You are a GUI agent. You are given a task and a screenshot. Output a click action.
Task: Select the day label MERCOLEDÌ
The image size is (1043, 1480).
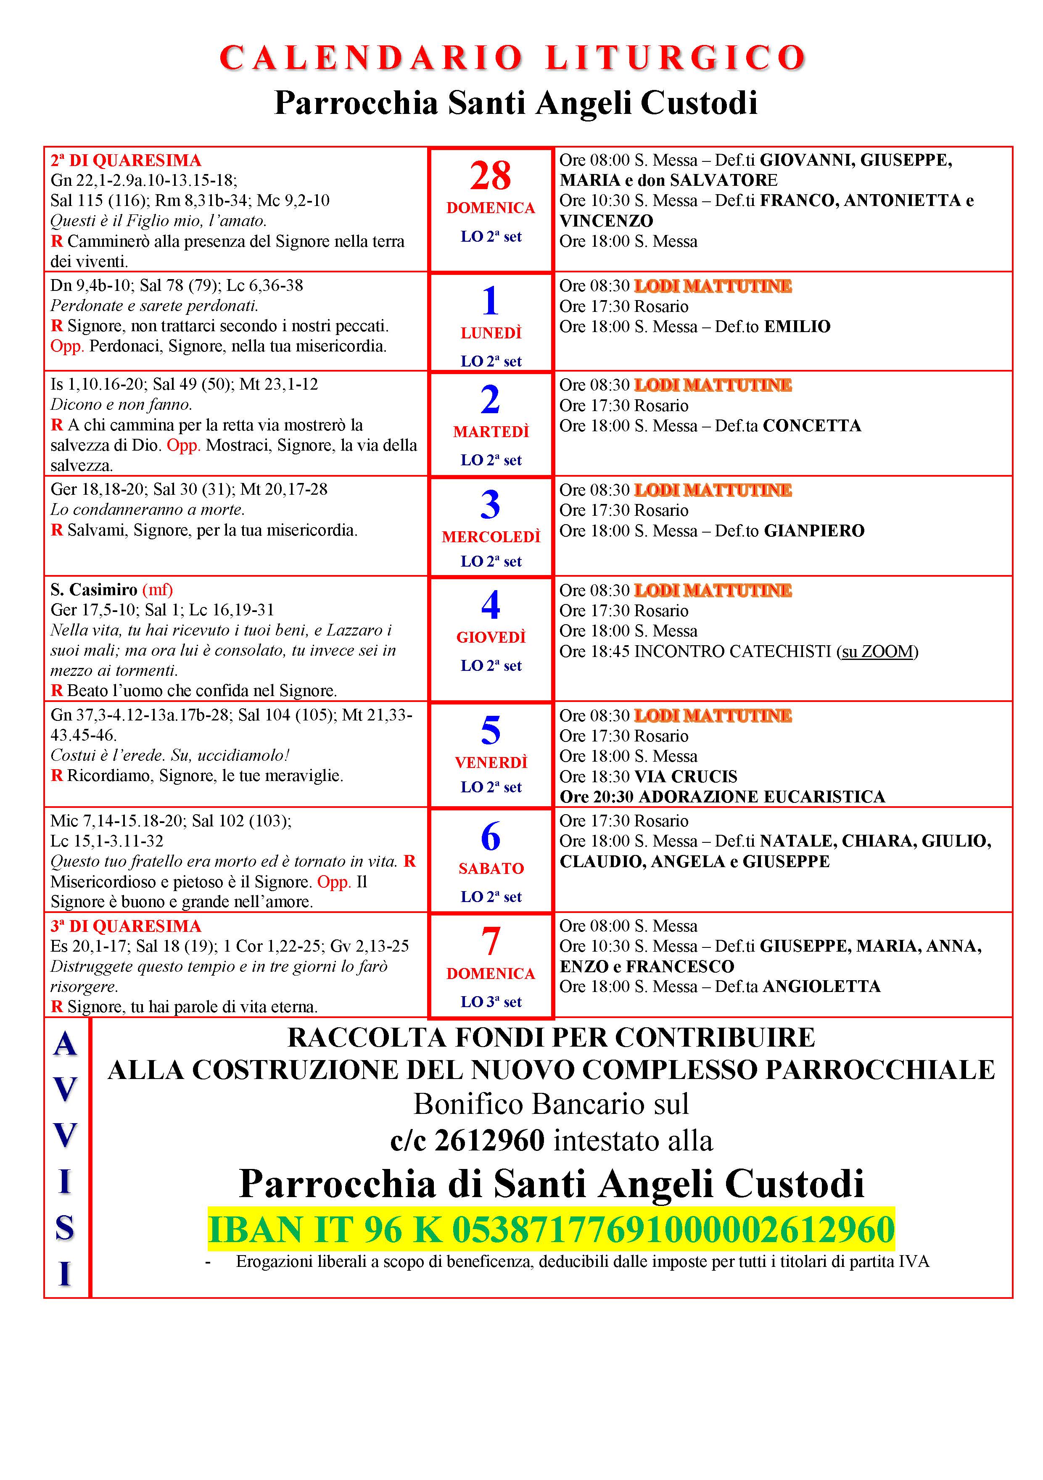[x=491, y=537]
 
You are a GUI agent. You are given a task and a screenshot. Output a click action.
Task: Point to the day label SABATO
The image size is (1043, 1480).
[x=491, y=868]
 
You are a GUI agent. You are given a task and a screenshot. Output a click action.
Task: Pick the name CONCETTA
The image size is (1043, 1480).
[x=812, y=426]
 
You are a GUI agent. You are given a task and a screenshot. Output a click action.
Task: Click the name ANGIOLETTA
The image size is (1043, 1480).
[x=821, y=987]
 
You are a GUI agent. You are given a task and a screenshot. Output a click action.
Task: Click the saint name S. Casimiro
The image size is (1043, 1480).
[x=94, y=590]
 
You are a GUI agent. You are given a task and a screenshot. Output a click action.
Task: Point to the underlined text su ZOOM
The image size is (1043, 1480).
[x=877, y=652]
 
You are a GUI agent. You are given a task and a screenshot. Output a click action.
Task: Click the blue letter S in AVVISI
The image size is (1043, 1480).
[x=64, y=1227]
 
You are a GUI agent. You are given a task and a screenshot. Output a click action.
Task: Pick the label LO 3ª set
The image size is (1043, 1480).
[x=491, y=1002]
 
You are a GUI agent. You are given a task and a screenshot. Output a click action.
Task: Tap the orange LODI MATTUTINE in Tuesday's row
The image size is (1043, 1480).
[x=713, y=385]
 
